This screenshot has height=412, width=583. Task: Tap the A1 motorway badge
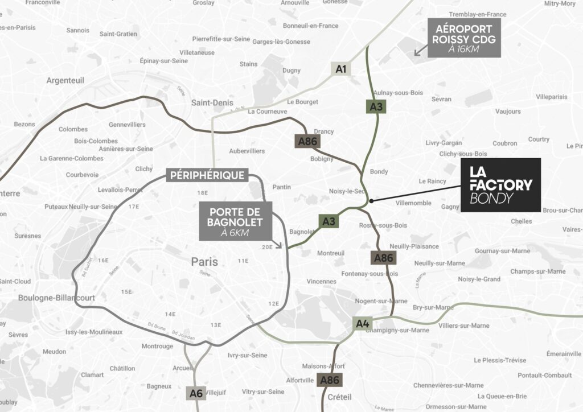pyautogui.click(x=341, y=69)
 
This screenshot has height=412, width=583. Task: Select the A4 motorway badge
pyautogui.click(x=363, y=324)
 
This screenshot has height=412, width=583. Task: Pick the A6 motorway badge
pyautogui.click(x=195, y=393)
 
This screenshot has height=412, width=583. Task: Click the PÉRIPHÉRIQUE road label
pyautogui.click(x=207, y=175)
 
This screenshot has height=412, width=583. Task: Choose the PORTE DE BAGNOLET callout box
pyautogui.click(x=236, y=220)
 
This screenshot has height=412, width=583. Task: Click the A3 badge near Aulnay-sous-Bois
pyautogui.click(x=376, y=106)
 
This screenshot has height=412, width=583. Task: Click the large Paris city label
pyautogui.click(x=204, y=262)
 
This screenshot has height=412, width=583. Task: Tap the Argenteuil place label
pyautogui.click(x=65, y=80)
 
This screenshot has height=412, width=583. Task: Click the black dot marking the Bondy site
pyautogui.click(x=371, y=201)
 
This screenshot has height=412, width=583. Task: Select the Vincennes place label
pyautogui.click(x=321, y=281)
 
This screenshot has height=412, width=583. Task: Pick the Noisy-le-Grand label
pyautogui.click(x=479, y=279)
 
